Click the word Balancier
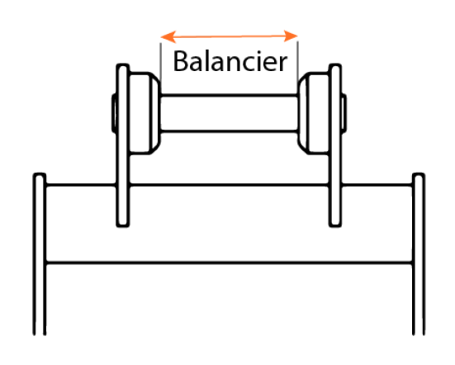click(230, 61)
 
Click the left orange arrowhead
click(168, 36)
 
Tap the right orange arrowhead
click(291, 36)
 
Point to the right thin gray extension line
click(298, 61)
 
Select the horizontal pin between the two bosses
click(230, 113)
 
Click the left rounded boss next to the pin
click(145, 113)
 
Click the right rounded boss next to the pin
click(315, 113)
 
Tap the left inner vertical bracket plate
click(123, 145)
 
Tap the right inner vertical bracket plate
click(335, 145)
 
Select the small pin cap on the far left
click(114, 113)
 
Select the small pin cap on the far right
click(344, 113)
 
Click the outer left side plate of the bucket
click(40, 254)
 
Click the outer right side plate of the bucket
click(419, 254)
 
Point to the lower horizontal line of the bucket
click(230, 263)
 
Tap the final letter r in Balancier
click(283, 64)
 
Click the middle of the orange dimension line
click(230, 36)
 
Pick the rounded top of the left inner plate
click(123, 65)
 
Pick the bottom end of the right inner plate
click(335, 225)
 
